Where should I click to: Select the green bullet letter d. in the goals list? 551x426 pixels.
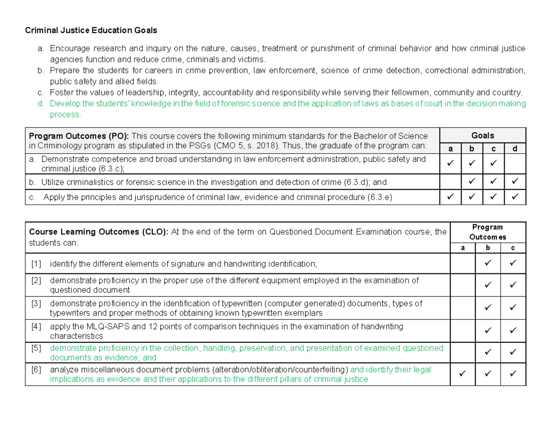click(x=40, y=103)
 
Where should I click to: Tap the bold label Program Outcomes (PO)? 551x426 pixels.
click(x=79, y=136)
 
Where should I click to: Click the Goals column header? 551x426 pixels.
click(x=483, y=135)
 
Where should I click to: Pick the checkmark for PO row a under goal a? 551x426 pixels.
click(x=450, y=163)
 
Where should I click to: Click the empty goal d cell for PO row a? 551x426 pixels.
click(x=515, y=164)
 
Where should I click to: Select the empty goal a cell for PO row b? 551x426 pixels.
click(x=450, y=182)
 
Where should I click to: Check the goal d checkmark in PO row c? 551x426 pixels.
click(x=515, y=198)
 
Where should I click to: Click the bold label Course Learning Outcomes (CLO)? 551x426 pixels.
click(x=98, y=232)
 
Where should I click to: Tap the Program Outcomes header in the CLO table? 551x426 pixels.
click(x=488, y=232)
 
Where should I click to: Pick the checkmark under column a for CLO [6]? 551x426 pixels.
click(x=462, y=375)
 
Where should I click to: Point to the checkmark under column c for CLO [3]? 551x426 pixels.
click(x=513, y=308)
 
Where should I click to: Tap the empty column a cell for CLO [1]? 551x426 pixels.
click(x=462, y=264)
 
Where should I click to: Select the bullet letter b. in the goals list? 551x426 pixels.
click(x=40, y=70)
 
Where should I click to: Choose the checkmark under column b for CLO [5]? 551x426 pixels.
click(x=488, y=352)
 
